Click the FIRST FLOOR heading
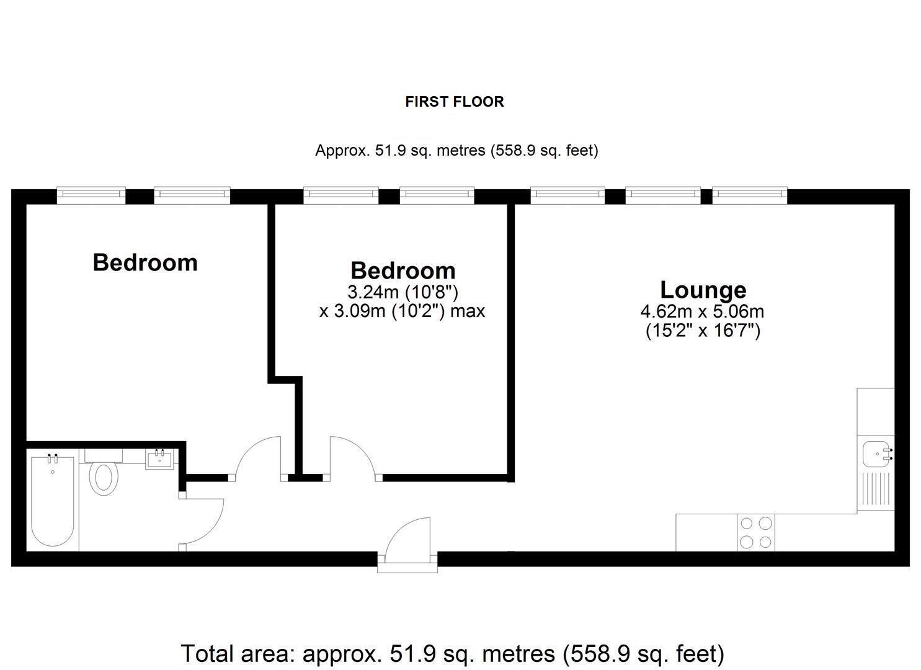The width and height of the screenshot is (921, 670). [x=455, y=102]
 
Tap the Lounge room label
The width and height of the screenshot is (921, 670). [x=703, y=290]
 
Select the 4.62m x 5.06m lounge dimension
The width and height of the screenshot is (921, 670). [x=702, y=311]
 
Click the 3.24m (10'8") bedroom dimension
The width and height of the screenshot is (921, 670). [x=403, y=292]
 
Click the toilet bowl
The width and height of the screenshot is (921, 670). [x=104, y=479]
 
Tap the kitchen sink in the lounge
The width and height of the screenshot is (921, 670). [x=876, y=454]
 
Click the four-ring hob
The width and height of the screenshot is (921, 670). [x=755, y=533]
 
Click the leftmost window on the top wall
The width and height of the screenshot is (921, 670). [x=91, y=195]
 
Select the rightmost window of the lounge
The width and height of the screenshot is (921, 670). [x=750, y=195]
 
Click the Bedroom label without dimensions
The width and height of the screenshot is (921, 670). [x=145, y=262]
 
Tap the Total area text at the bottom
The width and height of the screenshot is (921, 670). [x=452, y=653]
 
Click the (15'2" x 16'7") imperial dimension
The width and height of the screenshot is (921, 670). [x=703, y=330]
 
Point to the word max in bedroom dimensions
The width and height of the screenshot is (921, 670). [x=468, y=311]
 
